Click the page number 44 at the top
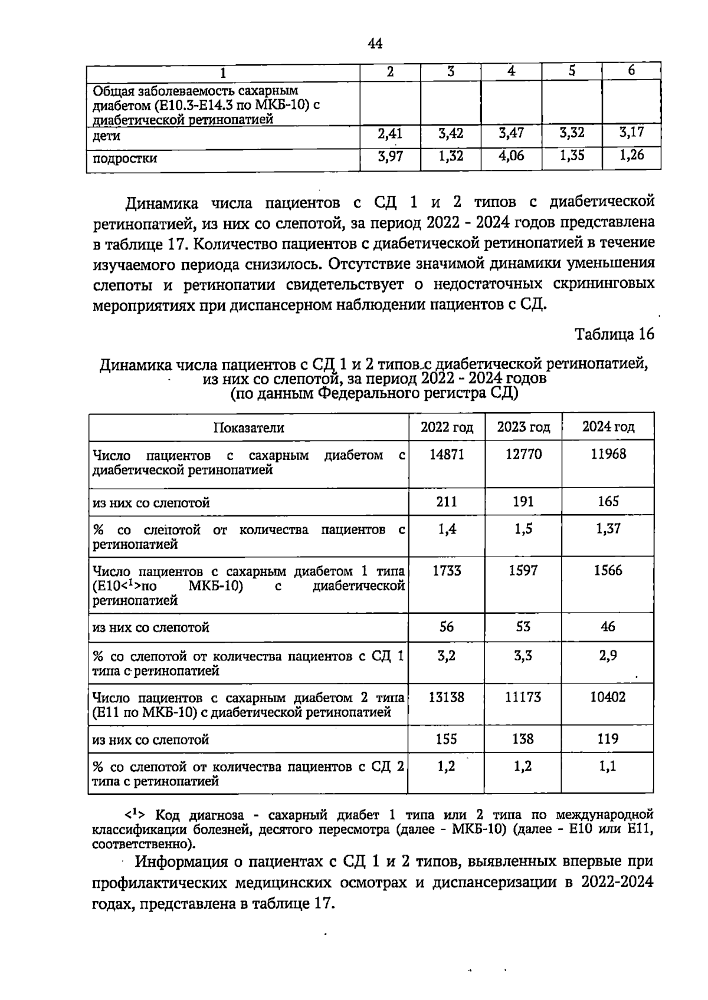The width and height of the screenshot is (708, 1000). click(375, 44)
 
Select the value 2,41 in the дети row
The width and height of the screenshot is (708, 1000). click(389, 134)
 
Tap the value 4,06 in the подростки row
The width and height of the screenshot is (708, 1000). click(511, 156)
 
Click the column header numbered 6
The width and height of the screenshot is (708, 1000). click(631, 71)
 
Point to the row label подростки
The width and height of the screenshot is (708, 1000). click(125, 159)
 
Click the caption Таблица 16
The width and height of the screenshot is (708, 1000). click(615, 334)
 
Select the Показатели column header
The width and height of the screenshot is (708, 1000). click(248, 428)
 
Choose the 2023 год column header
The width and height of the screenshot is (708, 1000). click(523, 427)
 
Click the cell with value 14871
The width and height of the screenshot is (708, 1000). click(447, 455)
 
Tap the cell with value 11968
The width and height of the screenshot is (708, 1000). click(608, 455)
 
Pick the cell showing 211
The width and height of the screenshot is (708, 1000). click(447, 502)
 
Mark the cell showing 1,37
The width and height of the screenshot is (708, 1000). click(608, 529)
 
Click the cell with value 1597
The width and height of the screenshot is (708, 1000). click(523, 571)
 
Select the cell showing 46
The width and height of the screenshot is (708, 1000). click(608, 627)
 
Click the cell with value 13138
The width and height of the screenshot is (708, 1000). click(447, 698)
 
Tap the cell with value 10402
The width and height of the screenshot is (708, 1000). click(608, 698)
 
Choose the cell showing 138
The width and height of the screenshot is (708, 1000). click(523, 739)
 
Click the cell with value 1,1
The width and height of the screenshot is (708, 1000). click(608, 767)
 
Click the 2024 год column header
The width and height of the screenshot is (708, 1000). click(608, 427)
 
